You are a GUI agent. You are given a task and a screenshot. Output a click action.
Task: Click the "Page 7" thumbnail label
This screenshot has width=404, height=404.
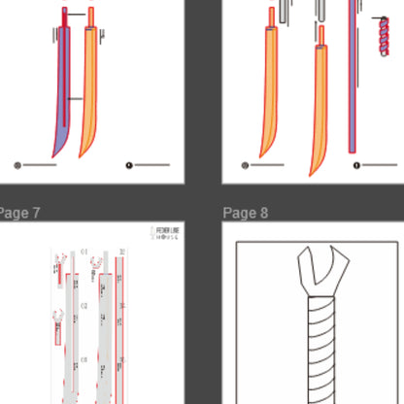(x=19, y=213)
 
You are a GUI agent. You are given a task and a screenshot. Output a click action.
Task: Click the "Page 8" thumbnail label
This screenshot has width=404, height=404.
(x=246, y=213)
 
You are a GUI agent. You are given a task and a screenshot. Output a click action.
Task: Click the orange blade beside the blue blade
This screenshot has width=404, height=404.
(x=90, y=97)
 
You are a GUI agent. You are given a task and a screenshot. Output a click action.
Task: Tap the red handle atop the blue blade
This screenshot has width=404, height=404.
(x=65, y=17)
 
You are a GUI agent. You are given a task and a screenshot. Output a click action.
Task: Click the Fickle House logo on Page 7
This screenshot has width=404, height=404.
(x=168, y=232)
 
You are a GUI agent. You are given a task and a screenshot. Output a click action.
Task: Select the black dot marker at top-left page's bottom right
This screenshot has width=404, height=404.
(x=129, y=165)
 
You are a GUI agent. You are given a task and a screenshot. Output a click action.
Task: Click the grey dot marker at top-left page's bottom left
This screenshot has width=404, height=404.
(x=17, y=165)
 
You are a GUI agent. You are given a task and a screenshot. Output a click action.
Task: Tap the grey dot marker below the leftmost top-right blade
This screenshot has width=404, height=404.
(x=245, y=165)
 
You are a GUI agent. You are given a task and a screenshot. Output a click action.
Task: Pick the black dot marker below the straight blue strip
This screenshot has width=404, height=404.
(x=356, y=165)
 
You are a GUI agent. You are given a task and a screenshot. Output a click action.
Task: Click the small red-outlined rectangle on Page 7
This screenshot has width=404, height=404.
(x=57, y=336)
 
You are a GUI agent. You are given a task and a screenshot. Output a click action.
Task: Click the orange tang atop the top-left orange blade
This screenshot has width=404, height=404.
(x=91, y=17)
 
